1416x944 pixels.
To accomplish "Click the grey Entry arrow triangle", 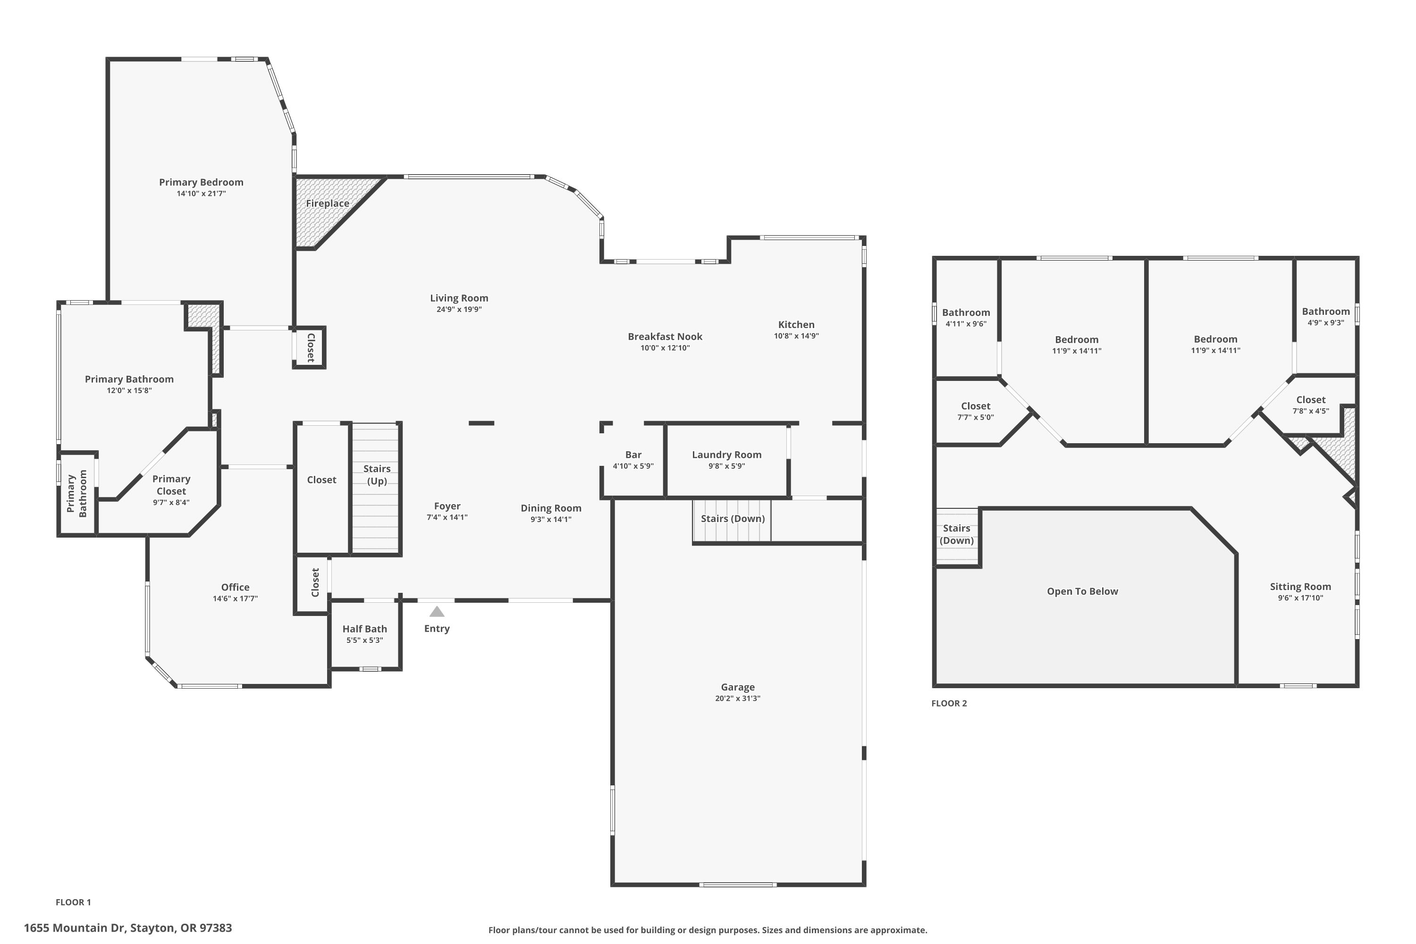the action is (437, 612).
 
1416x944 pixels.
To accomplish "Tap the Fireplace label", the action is (328, 203).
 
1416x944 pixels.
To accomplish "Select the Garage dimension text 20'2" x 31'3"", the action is (737, 699).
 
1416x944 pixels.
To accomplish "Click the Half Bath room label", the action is (365, 629).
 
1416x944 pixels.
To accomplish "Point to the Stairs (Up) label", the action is (377, 474).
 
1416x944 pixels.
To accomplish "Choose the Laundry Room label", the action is (727, 455).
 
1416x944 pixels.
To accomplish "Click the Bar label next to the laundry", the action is (633, 455).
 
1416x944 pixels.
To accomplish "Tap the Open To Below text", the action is (1082, 591).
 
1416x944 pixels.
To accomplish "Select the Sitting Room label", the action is (1300, 586).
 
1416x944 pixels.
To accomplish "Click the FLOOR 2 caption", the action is (949, 703).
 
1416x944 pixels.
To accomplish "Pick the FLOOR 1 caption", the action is (74, 902).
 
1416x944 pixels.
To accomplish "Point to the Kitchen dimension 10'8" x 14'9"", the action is (797, 336).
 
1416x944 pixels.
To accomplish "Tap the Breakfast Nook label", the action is (665, 337).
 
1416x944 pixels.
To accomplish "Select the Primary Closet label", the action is (172, 485).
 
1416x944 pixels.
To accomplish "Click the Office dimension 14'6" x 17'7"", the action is (236, 598).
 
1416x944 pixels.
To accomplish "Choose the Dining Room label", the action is (551, 508).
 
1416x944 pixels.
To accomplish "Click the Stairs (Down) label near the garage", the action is (733, 518).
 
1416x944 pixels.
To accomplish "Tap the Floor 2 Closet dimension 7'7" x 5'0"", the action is (976, 417).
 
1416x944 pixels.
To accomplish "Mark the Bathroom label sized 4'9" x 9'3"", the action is (1326, 311).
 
